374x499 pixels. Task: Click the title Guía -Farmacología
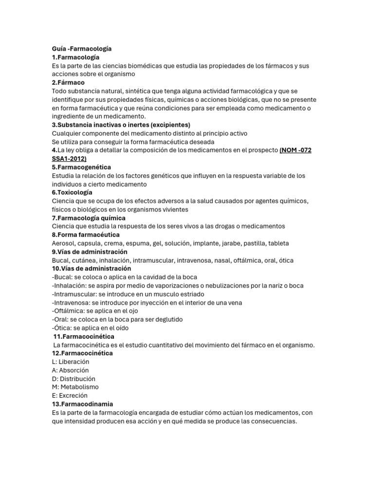(x=82, y=49)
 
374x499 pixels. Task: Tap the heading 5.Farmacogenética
(x=81, y=167)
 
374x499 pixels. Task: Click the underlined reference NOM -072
(x=296, y=150)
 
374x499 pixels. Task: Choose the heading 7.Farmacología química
(x=89, y=218)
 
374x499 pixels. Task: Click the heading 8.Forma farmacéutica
(x=86, y=235)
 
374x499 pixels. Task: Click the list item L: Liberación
(x=70, y=362)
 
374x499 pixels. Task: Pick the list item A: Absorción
(x=70, y=370)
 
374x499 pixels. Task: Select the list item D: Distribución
(x=74, y=379)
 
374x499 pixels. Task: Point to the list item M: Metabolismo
(x=75, y=387)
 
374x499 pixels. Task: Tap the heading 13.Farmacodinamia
(x=82, y=404)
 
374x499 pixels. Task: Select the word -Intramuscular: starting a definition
(x=74, y=294)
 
